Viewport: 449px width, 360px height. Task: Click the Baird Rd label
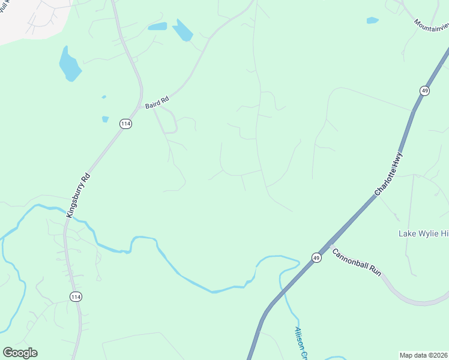157,102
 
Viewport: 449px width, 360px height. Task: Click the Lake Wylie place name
424,233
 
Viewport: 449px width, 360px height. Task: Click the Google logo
20,353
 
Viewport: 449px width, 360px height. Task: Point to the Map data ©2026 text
424,355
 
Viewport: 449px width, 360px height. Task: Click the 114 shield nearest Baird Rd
125,124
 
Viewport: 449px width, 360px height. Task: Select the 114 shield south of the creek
76,296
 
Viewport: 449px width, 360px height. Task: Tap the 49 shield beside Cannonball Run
316,257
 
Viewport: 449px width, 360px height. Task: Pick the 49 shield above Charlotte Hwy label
424,90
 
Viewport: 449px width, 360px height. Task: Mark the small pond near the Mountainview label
372,20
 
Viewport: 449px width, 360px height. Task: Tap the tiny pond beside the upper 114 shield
105,119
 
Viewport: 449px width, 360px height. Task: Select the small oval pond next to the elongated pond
157,26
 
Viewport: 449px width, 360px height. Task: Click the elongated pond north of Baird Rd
182,30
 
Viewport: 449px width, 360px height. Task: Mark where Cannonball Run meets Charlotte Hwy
329,245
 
